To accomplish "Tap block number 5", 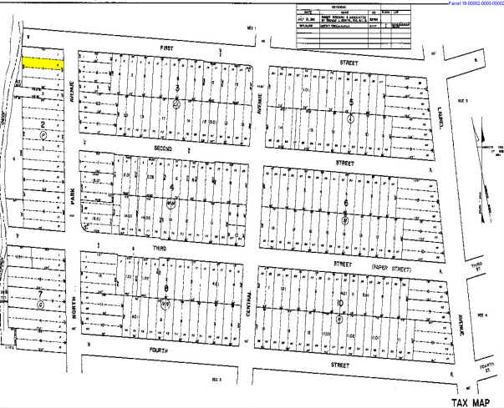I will click(352, 102).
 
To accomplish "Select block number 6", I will click(345, 203).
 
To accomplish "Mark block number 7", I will click(39, 294).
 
